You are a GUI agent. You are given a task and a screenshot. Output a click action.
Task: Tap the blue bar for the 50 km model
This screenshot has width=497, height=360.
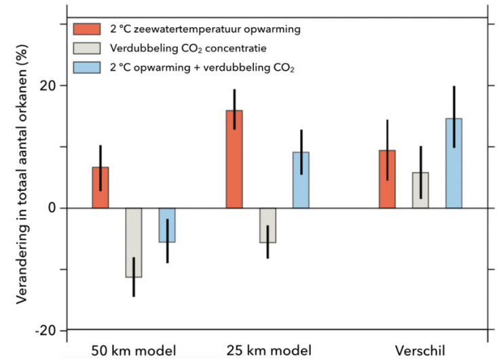(167, 225)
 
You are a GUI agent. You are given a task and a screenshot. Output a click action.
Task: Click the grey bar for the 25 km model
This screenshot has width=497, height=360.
(268, 225)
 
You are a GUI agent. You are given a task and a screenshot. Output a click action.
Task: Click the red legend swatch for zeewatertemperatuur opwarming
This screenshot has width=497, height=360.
(87, 29)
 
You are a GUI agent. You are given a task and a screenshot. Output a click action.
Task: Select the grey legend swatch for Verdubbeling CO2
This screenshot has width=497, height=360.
(87, 48)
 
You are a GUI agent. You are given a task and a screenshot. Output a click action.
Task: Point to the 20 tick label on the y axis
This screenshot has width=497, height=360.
(54, 86)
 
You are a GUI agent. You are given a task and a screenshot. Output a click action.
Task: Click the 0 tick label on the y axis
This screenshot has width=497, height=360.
(59, 208)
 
